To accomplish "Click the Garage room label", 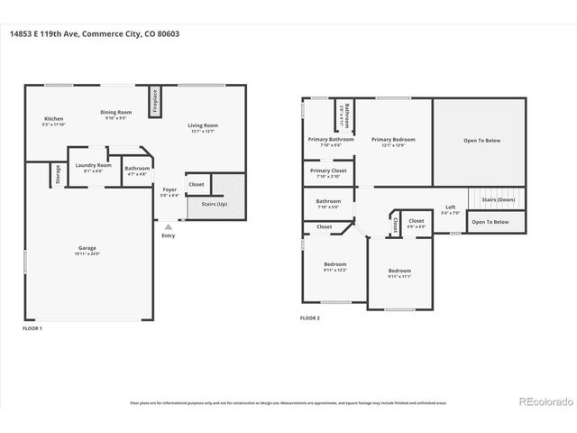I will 87,248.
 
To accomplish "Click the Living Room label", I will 203,125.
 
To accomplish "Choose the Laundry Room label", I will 93,165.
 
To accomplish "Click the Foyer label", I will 169,189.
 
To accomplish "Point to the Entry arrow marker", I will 169,226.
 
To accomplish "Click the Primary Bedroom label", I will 393,140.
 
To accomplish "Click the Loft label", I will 451,207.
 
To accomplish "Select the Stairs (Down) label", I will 498,199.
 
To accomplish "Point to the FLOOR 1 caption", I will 33,328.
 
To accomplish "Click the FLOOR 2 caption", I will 310,318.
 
